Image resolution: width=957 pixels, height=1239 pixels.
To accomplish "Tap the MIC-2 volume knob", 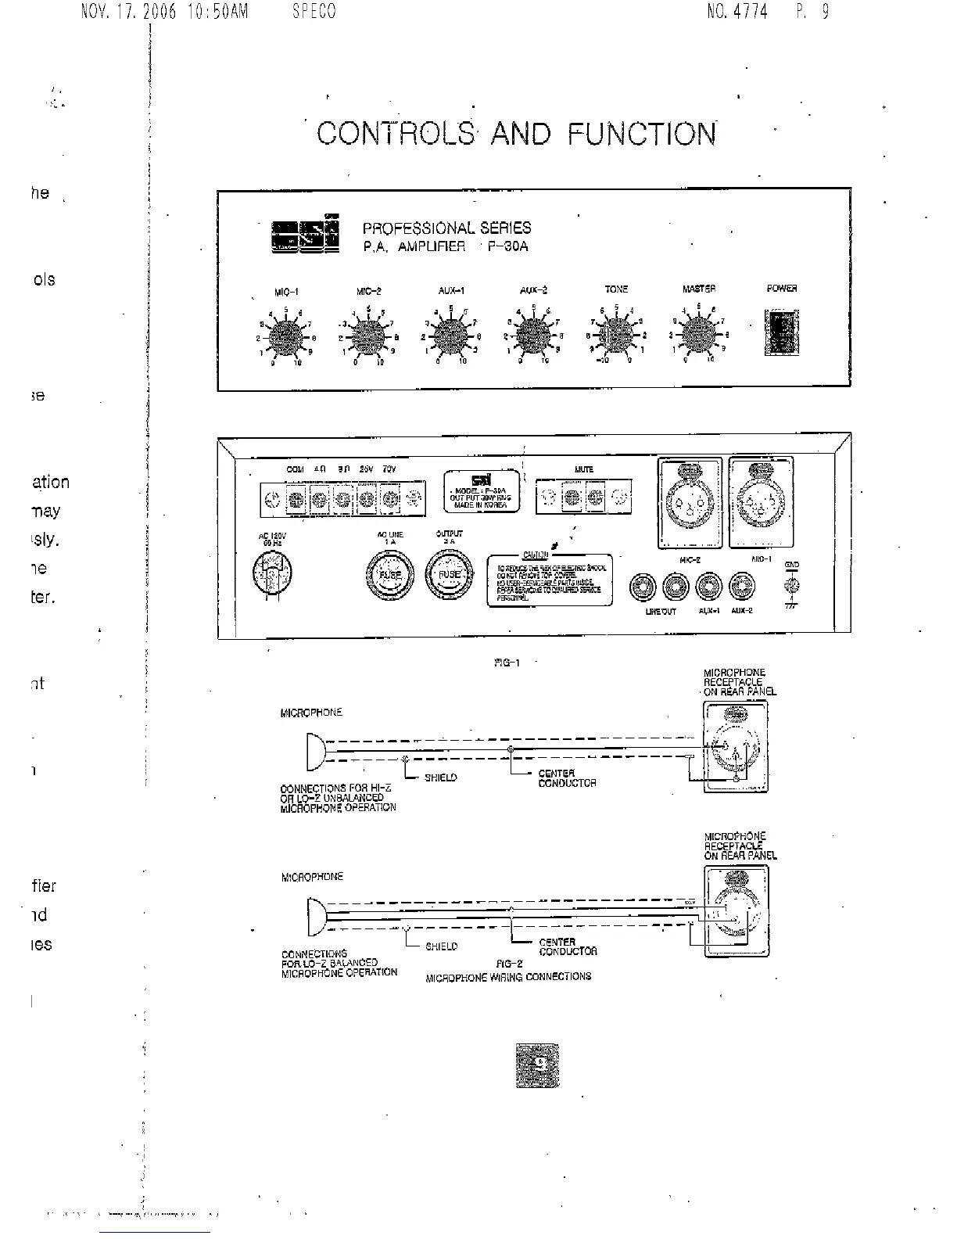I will (367, 337).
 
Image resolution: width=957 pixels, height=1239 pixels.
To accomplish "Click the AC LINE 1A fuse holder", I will (390, 575).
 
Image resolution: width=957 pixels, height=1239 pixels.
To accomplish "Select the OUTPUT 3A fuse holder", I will (449, 575).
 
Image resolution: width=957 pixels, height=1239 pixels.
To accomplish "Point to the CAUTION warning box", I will (549, 580).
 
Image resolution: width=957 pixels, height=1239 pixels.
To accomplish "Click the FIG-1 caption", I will (507, 663).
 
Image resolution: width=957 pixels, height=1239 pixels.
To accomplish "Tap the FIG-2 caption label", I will (509, 964).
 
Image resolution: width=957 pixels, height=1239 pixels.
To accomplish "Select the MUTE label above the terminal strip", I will (583, 469).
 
